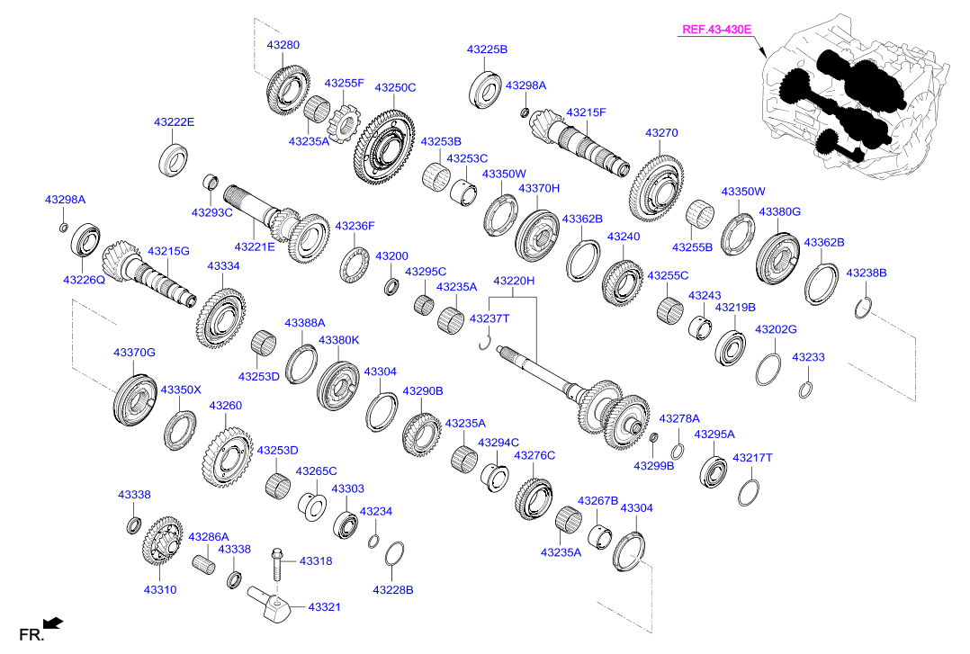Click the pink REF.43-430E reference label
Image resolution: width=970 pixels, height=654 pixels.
tap(716, 29)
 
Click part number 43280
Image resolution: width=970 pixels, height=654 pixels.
tap(283, 45)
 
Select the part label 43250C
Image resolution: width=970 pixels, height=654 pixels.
tap(395, 87)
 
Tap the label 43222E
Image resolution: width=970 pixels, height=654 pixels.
tap(175, 121)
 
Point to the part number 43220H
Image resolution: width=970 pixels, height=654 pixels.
tap(514, 281)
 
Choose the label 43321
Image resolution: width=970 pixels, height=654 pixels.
tap(324, 607)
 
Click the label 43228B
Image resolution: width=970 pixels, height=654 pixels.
tap(393, 589)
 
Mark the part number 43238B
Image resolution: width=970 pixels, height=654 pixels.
tap(866, 273)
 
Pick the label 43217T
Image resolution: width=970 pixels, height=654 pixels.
tap(752, 458)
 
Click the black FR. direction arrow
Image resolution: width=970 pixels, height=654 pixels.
tap(53, 623)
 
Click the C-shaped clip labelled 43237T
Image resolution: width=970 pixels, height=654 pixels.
tap(485, 342)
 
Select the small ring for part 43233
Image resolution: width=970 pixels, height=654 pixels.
tap(804, 390)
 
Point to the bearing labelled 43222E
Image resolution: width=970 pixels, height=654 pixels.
tap(174, 159)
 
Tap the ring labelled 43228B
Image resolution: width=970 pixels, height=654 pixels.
tap(394, 554)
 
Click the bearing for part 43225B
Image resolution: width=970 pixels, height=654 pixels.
tap(486, 88)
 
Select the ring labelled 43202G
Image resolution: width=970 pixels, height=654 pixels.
tap(768, 369)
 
